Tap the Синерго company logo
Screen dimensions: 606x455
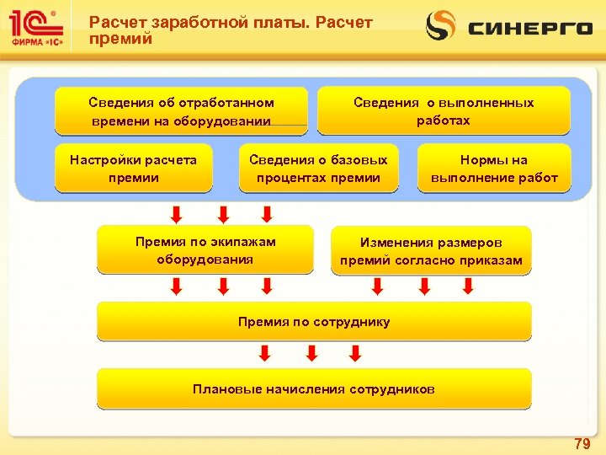pos(509,27)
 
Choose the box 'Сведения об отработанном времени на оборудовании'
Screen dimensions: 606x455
pos(181,111)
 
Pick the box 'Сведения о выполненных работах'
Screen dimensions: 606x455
pos(444,110)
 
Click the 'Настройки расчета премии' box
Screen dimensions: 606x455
pos(133,169)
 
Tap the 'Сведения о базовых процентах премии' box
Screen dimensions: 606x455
pos(318,169)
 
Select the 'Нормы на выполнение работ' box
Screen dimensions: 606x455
pos(494,169)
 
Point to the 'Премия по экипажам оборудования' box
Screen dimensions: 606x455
pos(205,250)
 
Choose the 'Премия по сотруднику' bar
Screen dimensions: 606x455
pos(314,321)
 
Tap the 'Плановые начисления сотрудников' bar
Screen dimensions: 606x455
pos(314,388)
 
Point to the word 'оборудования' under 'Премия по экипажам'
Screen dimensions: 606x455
pos(205,259)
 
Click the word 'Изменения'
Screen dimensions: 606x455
pos(394,243)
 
